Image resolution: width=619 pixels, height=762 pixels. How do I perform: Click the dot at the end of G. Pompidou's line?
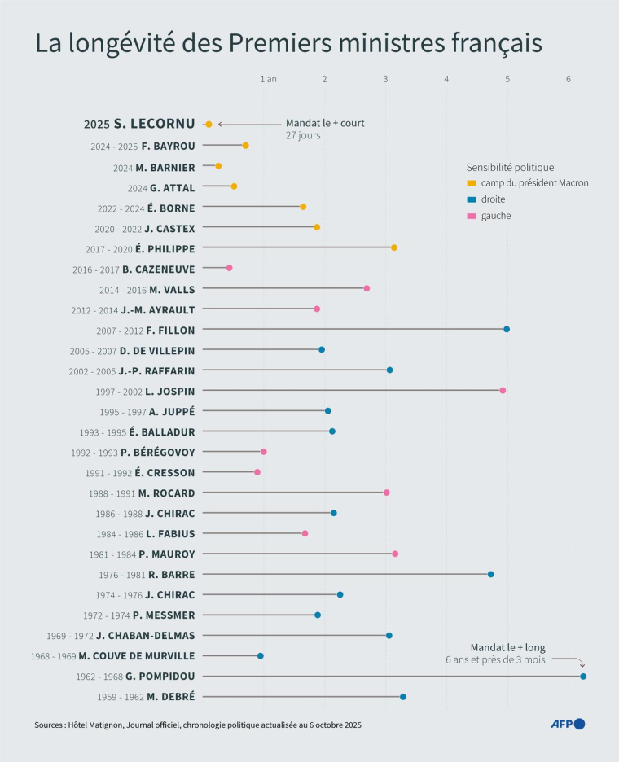coord(583,677)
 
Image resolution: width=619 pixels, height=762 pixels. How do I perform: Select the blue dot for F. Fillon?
coord(507,329)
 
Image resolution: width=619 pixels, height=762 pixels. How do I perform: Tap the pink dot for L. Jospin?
coord(503,391)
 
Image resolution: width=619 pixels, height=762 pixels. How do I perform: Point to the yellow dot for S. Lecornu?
coord(209,125)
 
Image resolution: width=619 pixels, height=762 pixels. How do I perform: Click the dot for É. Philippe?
coord(394,247)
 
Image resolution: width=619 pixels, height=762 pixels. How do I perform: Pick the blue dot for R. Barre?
coord(490,574)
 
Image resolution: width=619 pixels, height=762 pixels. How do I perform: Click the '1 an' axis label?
coord(268,79)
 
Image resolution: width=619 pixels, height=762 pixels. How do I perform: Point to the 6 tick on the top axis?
coord(569,79)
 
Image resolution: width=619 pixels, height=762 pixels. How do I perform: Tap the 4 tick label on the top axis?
coord(446,79)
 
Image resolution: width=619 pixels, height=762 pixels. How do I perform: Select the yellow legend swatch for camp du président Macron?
coord(472,183)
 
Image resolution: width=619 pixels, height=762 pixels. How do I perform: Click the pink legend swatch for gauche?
coord(472,216)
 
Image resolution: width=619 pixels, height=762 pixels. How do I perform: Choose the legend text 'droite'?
coord(494,199)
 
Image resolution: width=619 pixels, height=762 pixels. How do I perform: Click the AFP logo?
coord(568,724)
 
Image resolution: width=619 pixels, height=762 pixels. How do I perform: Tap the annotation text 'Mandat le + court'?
coord(325,123)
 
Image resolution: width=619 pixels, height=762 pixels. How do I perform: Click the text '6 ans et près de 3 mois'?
coord(495,659)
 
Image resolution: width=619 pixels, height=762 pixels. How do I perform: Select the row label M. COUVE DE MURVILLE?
coord(137,655)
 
